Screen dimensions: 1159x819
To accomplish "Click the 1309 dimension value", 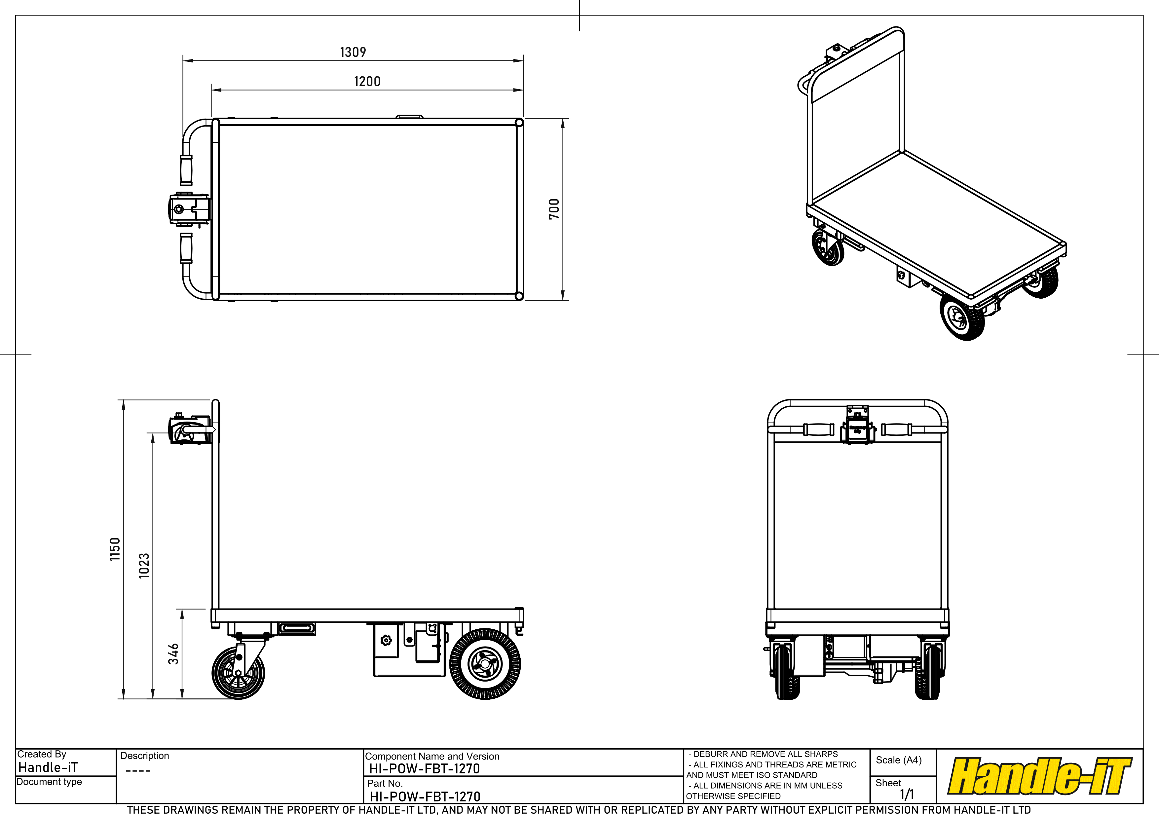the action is (x=353, y=52).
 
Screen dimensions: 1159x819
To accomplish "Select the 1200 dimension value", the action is (x=367, y=81).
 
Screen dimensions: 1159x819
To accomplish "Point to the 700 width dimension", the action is (x=554, y=209).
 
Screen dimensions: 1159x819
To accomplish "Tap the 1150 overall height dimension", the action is (x=115, y=549).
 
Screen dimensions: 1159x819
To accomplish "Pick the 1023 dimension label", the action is (x=144, y=565).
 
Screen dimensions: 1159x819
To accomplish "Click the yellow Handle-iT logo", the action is (x=1040, y=776).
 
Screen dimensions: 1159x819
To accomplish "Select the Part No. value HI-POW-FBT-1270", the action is (x=425, y=796).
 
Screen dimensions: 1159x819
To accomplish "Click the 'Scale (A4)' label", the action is (x=899, y=760).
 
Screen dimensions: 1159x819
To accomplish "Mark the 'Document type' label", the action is (x=49, y=782).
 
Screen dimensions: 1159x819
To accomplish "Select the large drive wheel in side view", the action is (x=485, y=664).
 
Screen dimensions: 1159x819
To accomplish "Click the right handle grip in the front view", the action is (x=897, y=429).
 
